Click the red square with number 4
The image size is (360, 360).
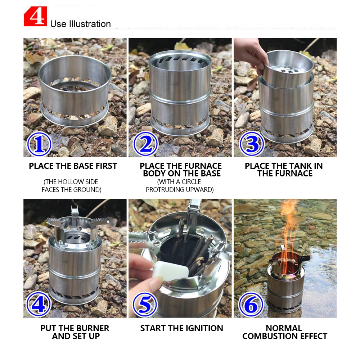[x=35, y=17]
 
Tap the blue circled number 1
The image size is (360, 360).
[x=39, y=144]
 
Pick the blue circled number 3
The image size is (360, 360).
[x=252, y=144]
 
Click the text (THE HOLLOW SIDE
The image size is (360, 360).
[x=71, y=182]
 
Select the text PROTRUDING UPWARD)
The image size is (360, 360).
[x=180, y=190]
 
